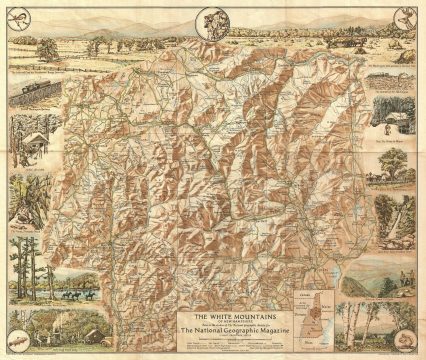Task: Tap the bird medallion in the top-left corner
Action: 14,14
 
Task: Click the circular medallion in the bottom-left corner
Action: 14,345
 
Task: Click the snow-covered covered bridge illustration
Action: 35,140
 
